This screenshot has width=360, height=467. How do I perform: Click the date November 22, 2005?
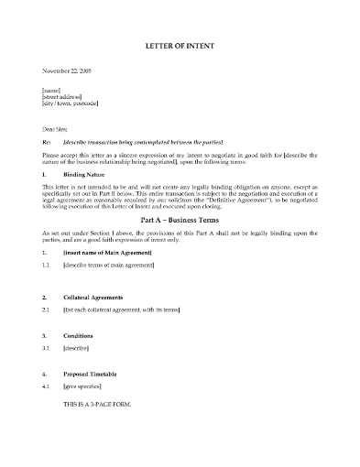tap(67, 71)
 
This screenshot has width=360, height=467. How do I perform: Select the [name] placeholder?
tap(52, 90)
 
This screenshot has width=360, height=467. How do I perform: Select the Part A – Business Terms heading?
tap(180, 220)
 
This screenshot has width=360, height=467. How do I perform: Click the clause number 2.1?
tap(47, 311)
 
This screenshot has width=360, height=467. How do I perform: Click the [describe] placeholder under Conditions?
tap(76, 349)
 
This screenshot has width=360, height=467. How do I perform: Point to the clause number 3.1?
tap(47, 349)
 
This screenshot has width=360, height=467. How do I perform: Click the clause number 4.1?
tap(47, 386)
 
